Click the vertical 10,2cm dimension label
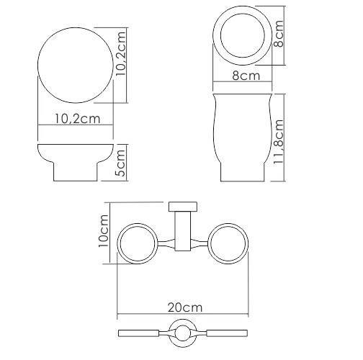tap(120, 54)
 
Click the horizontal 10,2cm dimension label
tap(77, 119)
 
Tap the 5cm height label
tap(120, 163)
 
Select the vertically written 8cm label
tap(278, 34)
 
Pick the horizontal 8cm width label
tap(246, 76)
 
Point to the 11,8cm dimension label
tap(279, 142)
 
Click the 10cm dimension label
tap(104, 231)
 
